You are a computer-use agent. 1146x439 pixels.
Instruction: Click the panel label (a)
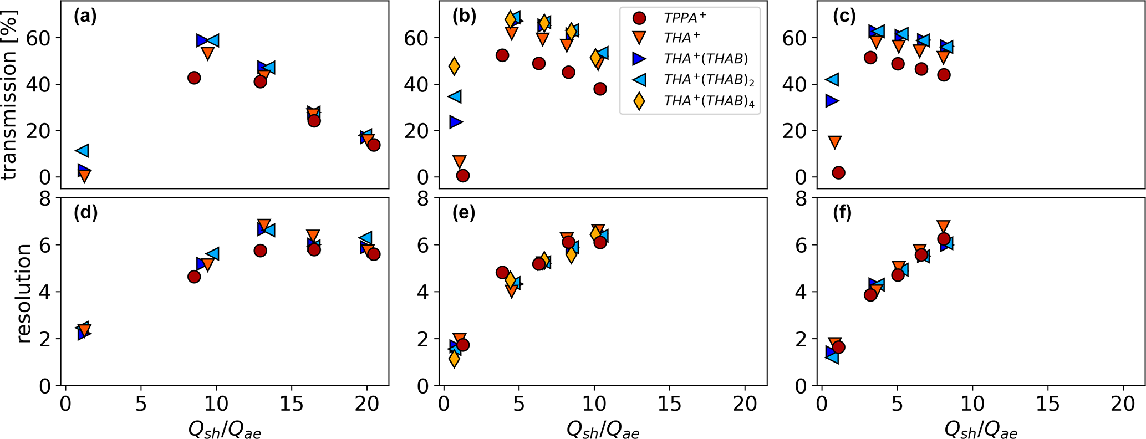coord(85,17)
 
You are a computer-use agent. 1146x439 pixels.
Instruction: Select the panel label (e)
coord(464,213)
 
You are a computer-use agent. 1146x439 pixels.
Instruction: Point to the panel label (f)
coord(843,213)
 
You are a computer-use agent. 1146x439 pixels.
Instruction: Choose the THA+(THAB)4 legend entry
coord(709,101)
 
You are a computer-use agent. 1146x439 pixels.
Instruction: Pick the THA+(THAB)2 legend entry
coord(709,80)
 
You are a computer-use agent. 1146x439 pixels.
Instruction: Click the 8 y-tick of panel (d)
coord(45,198)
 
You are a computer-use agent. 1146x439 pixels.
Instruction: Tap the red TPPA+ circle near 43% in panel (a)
coord(194,78)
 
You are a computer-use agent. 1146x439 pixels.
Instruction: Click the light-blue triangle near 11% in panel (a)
coord(82,150)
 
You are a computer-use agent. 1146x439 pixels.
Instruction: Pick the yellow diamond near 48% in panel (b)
coord(454,67)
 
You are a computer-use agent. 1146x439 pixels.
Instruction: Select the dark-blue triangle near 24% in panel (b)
coord(456,122)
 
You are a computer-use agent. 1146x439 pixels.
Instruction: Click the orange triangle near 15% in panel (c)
coord(834,142)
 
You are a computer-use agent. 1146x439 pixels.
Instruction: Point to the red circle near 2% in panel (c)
coord(838,172)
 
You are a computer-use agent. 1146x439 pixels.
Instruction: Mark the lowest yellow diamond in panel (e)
coord(454,359)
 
